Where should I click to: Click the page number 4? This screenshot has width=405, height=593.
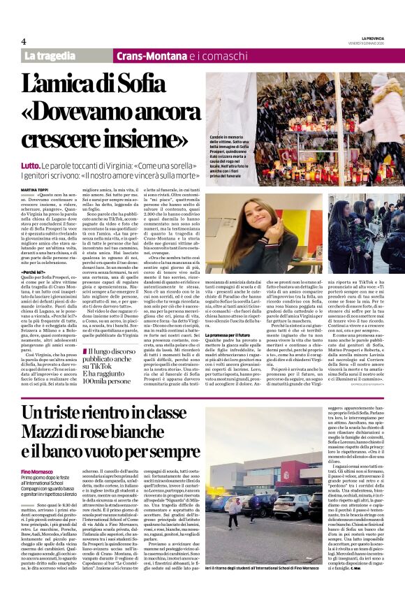24,41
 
